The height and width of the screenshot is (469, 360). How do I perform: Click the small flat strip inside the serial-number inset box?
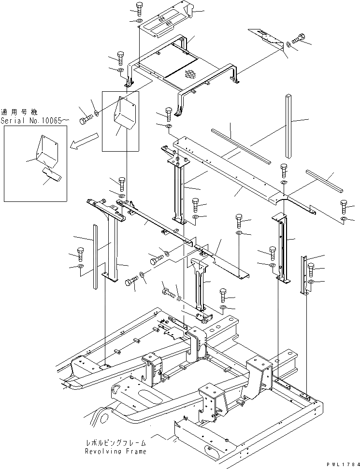click(x=50, y=174)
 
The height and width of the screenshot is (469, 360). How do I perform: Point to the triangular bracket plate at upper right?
click(x=267, y=39)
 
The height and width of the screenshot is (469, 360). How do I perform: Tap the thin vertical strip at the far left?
click(x=95, y=257)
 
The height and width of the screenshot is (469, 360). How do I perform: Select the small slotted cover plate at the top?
click(x=164, y=22)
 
